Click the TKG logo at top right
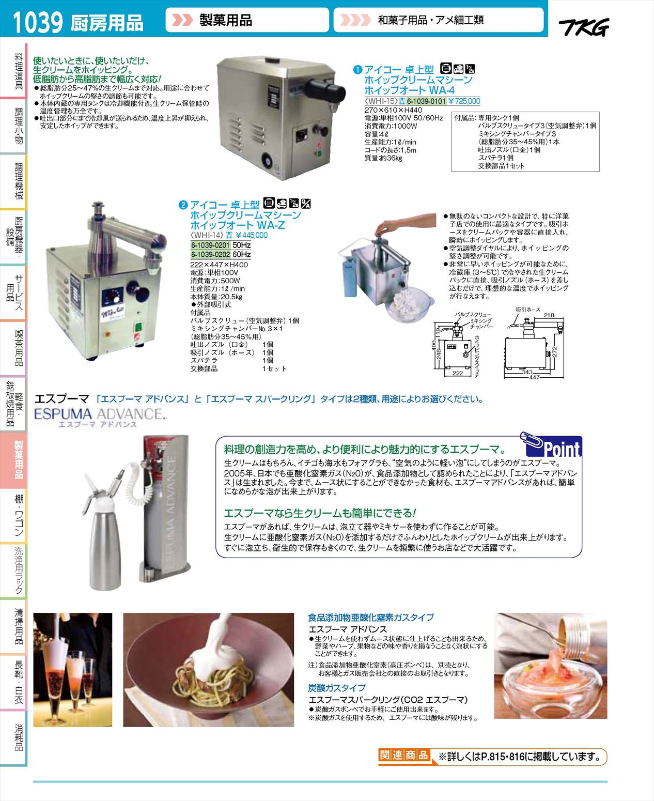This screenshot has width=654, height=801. coord(584,27)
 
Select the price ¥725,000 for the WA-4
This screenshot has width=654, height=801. coord(464,101)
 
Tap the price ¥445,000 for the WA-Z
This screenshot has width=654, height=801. coord(251,235)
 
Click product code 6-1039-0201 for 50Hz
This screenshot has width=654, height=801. coord(211,245)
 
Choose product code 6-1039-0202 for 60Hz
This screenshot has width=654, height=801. coord(211,254)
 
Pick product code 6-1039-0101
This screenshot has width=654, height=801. coord(426,101)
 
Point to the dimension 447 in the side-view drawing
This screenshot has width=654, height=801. coord(534,377)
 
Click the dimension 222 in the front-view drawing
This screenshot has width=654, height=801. coord(457,373)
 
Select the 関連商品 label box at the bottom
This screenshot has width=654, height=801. coord(404,756)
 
